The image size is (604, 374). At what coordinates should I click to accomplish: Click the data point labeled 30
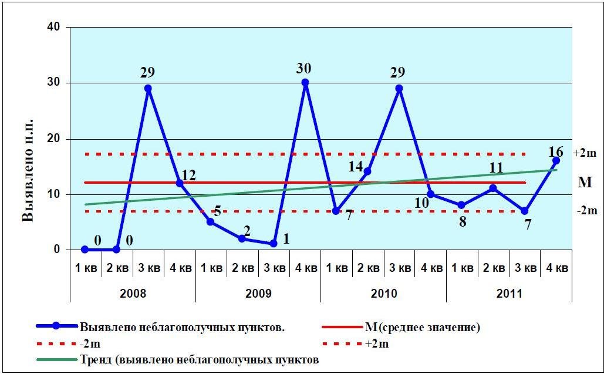point(305,83)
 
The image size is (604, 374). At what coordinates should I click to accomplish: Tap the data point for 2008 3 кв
point(148,89)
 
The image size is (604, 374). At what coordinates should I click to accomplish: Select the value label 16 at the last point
point(555,151)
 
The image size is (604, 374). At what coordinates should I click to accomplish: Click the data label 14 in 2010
point(356,167)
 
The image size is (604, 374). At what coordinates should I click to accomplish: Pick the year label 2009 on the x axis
point(258,293)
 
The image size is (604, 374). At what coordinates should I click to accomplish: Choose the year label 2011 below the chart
point(508,293)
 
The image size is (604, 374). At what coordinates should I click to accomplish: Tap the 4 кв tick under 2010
point(431,268)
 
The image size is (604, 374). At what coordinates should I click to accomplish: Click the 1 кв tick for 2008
point(86,268)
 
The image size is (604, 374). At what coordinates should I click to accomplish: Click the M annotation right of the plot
point(585,183)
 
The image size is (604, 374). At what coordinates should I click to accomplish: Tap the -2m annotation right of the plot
point(585,211)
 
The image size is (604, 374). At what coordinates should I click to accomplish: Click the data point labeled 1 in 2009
point(274,244)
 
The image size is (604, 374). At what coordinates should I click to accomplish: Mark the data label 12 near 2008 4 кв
point(188,174)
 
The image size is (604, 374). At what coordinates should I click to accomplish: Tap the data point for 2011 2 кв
point(494,188)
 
